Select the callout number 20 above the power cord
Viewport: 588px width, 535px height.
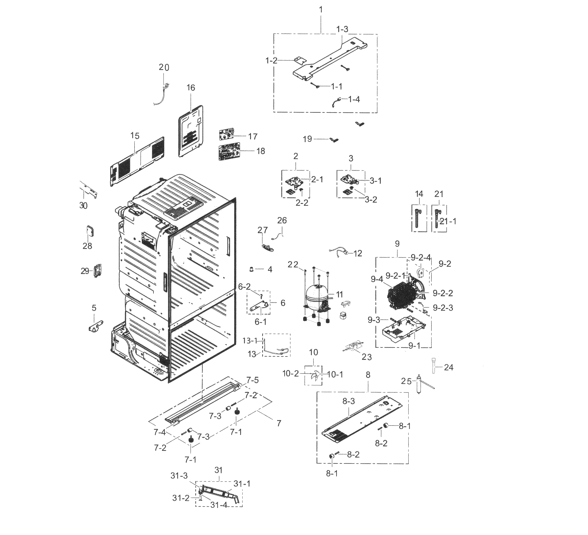[164, 67]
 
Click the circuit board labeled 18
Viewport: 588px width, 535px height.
[229, 151]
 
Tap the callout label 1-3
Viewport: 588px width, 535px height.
[342, 29]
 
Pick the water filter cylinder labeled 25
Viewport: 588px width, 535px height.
[419, 385]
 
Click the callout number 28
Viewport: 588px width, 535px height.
[87, 246]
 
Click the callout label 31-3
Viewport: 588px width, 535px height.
[179, 484]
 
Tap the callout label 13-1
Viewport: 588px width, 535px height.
[250, 340]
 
